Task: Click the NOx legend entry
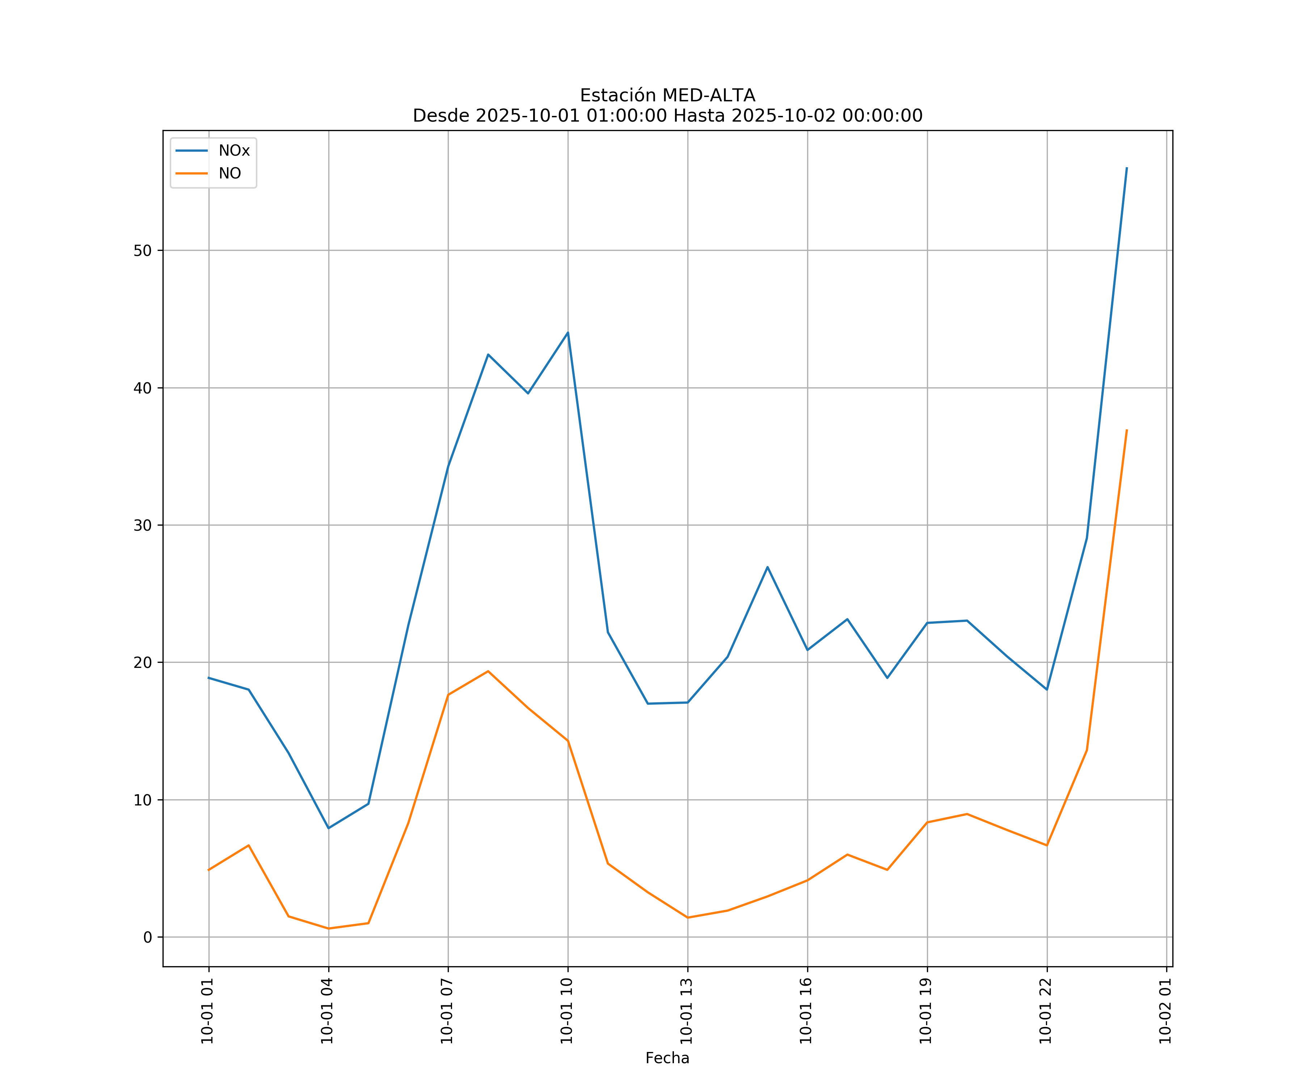233,151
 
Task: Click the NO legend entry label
229,174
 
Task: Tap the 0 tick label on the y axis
148,937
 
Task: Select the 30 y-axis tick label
143,526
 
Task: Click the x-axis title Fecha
667,1058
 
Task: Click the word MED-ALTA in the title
709,96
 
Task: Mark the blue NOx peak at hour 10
568,333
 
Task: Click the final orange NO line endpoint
1127,430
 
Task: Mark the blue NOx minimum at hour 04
328,828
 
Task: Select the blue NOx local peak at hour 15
768,567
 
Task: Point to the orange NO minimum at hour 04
328,929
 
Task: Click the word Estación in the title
617,96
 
